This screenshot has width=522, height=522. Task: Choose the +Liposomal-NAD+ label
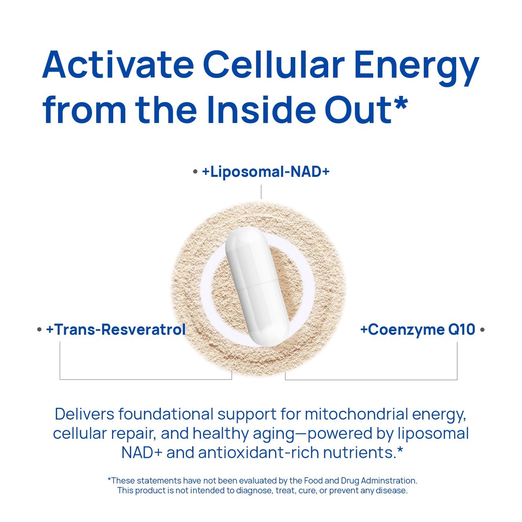click(x=266, y=172)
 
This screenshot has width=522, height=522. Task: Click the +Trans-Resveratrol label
click(x=116, y=330)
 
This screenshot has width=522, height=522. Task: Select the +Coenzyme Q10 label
click(x=417, y=330)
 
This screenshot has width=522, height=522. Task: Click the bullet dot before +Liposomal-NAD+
click(x=195, y=172)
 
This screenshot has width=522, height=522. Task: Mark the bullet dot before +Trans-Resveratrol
click(x=39, y=330)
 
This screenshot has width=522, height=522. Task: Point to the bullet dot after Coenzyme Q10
click(x=482, y=330)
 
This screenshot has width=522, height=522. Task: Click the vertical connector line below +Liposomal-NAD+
click(x=261, y=192)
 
